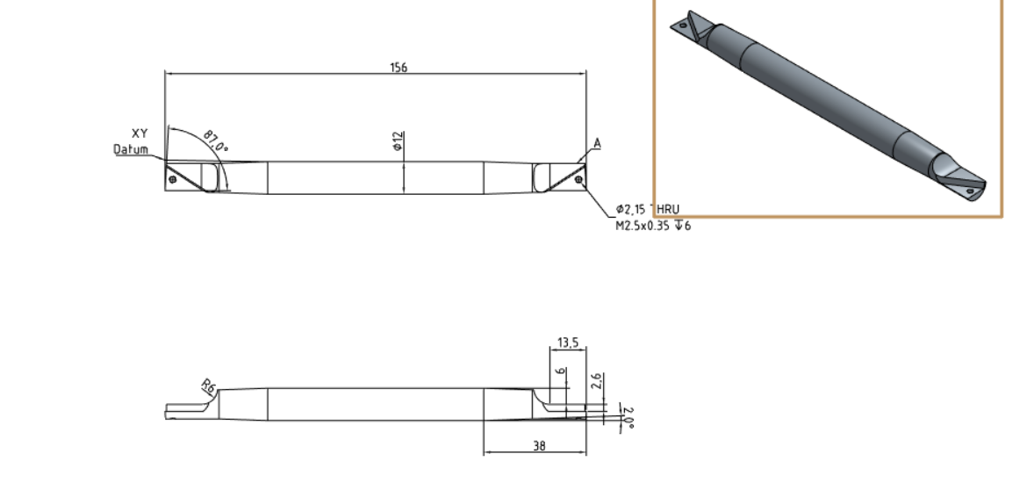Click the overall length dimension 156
click(398, 68)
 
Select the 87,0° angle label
click(215, 141)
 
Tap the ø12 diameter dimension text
click(398, 141)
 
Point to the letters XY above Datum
click(139, 133)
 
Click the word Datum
click(131, 149)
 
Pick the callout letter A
click(597, 143)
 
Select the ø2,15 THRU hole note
click(648, 210)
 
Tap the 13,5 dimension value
click(568, 342)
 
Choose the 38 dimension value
click(539, 446)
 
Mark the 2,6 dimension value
click(597, 381)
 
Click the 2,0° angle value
click(628, 416)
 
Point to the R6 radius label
click(207, 386)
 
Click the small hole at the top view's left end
click(172, 180)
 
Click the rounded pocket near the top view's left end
click(212, 177)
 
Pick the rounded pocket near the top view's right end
click(541, 177)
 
